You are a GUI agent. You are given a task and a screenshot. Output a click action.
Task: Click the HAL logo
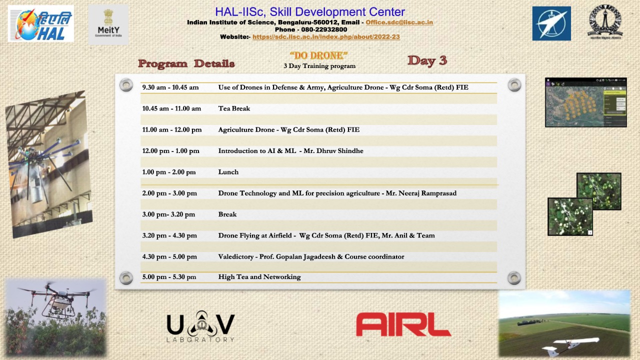[41, 23]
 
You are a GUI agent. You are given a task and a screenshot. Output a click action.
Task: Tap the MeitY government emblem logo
[108, 23]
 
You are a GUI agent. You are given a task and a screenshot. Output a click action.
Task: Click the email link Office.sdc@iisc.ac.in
[399, 22]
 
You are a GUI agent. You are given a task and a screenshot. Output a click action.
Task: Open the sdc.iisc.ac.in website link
[326, 36]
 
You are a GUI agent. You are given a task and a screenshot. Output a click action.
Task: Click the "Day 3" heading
[427, 60]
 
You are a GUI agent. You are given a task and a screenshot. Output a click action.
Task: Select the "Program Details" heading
[186, 63]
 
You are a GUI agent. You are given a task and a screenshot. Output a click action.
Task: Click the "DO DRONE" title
[318, 55]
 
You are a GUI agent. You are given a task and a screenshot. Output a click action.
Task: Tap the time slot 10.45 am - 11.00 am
[171, 108]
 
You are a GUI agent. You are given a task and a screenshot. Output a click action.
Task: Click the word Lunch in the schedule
[228, 172]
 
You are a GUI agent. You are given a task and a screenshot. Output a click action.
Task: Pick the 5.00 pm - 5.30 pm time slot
[169, 277]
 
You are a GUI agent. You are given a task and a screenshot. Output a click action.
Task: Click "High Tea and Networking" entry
[259, 277]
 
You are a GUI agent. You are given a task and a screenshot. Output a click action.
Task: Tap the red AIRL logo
[403, 324]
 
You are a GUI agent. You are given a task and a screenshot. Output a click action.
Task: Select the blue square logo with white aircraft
[551, 23]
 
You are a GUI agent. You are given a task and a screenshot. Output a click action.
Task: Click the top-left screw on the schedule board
[126, 85]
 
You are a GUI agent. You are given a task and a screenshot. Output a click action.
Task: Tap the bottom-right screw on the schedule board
[514, 278]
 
